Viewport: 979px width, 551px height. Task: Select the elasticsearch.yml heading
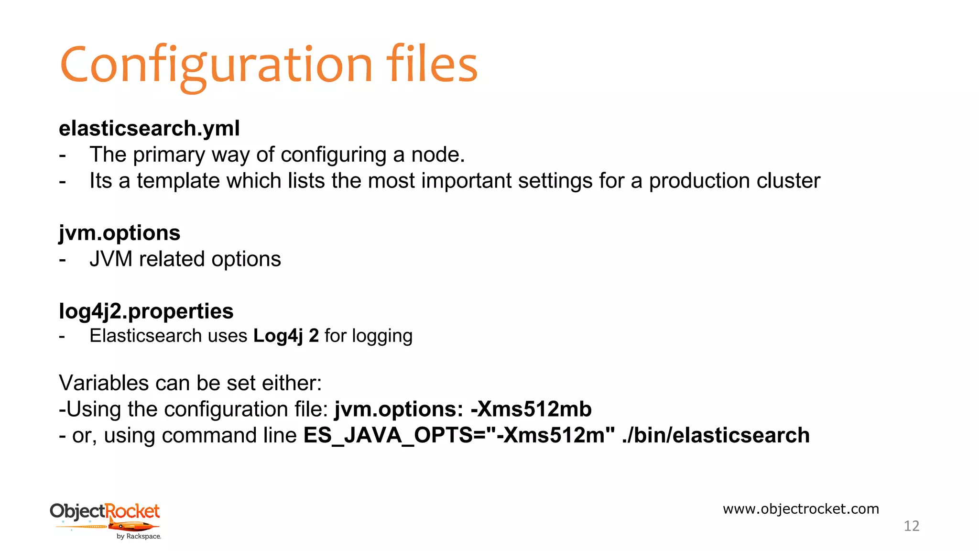point(149,129)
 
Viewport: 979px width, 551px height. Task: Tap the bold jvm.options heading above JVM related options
point(120,233)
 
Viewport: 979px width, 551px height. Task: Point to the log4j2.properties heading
point(146,311)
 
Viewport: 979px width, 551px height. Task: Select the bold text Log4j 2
point(286,336)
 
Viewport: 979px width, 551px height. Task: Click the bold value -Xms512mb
point(531,409)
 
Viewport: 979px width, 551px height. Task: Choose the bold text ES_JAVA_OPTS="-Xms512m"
point(459,436)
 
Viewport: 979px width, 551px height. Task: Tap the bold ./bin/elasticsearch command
point(716,436)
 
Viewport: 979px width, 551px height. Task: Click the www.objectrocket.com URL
point(801,509)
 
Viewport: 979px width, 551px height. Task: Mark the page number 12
point(911,526)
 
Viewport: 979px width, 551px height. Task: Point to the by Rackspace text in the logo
point(139,537)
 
